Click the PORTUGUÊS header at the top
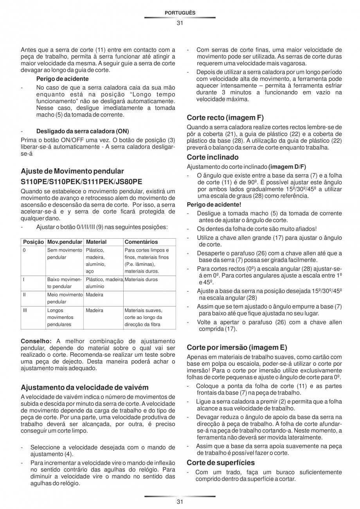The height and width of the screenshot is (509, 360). [x=180, y=13]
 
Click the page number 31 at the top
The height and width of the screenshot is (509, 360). [x=180, y=23]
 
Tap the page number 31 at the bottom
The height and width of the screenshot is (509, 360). [x=180, y=502]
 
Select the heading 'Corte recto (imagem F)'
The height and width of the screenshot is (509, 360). [x=225, y=117]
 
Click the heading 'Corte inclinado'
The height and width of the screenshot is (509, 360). [x=212, y=157]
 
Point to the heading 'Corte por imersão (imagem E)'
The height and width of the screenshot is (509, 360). [x=237, y=347]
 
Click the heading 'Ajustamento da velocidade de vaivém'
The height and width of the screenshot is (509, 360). [x=85, y=388]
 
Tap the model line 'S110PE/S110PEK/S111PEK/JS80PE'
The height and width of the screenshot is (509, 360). [x=81, y=182]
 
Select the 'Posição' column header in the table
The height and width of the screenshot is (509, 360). [x=33, y=242]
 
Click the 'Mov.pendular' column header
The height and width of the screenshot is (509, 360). [x=65, y=242]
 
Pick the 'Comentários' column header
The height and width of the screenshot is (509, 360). [x=141, y=242]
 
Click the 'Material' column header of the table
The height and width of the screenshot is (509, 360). [x=96, y=242]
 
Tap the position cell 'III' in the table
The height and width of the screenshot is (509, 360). [x=25, y=310]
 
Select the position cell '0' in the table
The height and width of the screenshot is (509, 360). [x=24, y=250]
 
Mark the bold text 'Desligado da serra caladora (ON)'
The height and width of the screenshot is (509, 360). [x=83, y=131]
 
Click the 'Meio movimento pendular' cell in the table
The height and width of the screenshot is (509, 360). [x=65, y=298]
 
